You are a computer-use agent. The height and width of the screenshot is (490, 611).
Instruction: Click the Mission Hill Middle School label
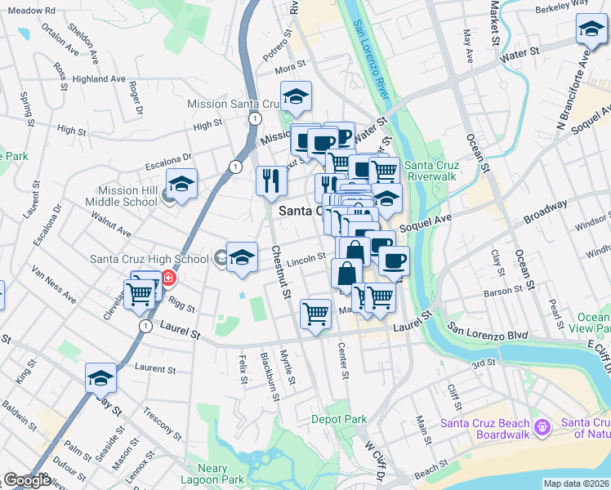click(127, 196)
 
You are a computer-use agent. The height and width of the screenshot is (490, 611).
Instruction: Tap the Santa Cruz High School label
click(149, 260)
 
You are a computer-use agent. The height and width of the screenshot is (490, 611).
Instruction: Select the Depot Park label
click(338, 418)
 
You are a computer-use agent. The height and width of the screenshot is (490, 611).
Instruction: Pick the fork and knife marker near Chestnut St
click(271, 180)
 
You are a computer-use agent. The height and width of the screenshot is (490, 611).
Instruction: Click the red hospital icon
click(168, 278)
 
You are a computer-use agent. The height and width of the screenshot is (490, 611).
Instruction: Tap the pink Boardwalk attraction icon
click(542, 427)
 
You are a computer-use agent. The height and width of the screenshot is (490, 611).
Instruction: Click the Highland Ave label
click(98, 79)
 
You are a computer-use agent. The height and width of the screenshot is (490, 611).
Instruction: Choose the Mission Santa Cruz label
click(228, 104)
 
